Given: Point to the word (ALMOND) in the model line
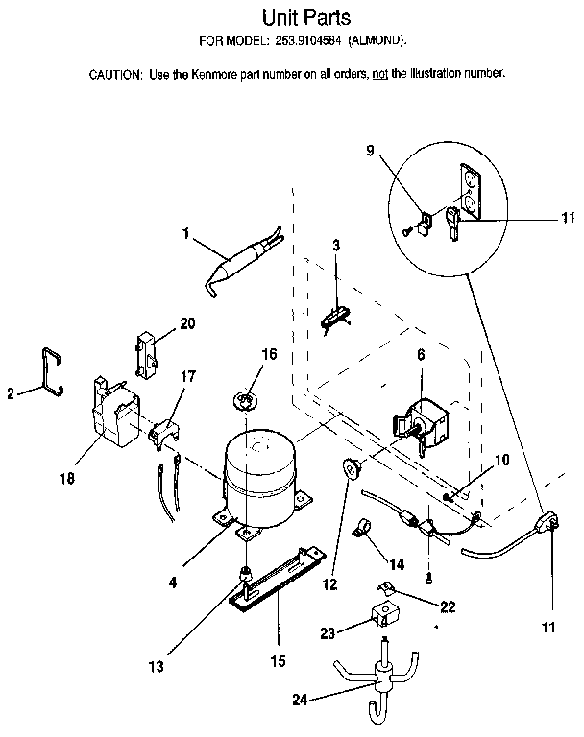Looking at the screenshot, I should point(375,41).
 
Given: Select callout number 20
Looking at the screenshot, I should point(187,323).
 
